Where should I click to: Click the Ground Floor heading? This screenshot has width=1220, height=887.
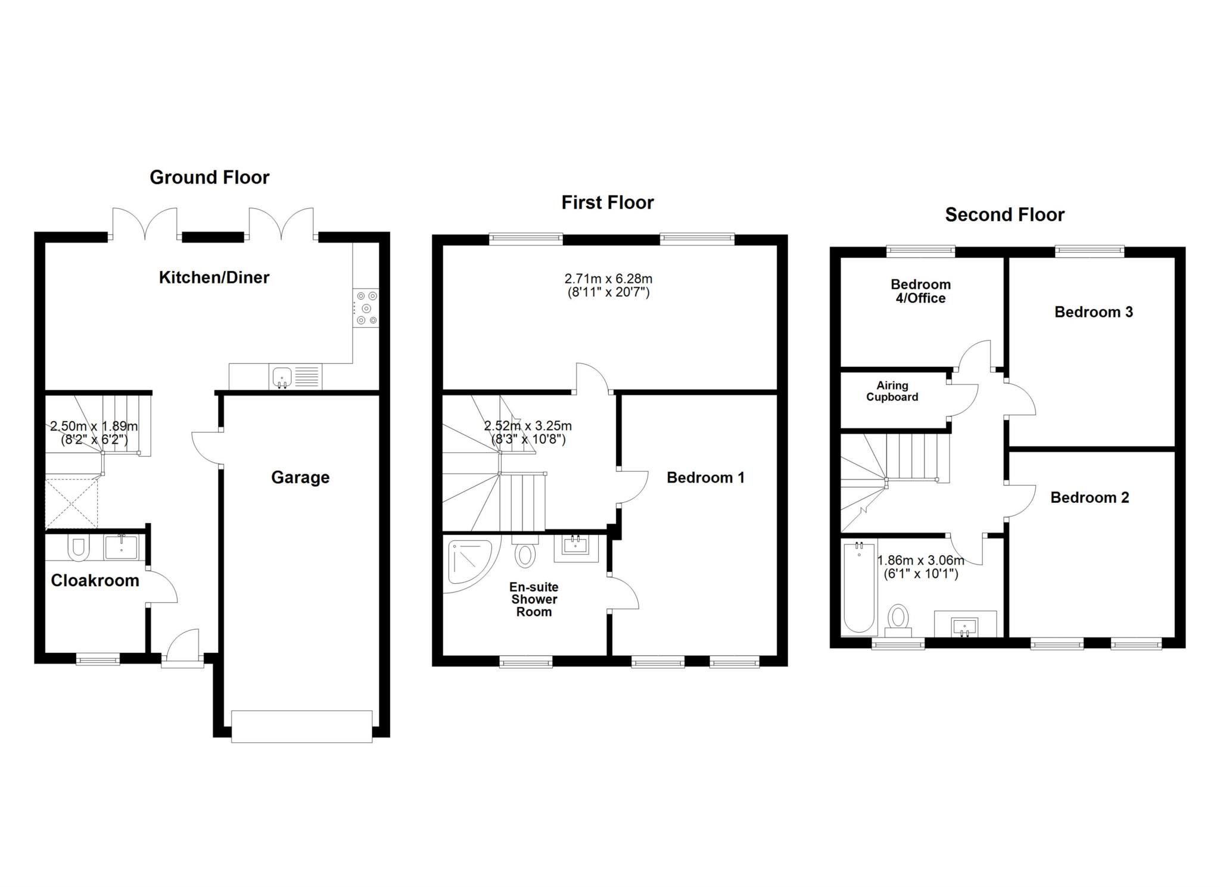pos(209,177)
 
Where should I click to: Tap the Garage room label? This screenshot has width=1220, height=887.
pos(300,477)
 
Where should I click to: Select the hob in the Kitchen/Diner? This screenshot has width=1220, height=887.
pos(366,308)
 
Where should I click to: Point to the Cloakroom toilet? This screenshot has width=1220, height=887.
pos(78,549)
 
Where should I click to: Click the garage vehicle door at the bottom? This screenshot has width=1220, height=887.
pos(301,726)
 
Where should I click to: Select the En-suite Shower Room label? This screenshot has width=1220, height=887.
pos(534,599)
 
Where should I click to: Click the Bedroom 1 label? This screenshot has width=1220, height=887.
pos(705,477)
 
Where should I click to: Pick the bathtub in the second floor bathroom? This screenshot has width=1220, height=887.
pos(859,589)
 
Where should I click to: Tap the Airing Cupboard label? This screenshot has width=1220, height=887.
pos(892,391)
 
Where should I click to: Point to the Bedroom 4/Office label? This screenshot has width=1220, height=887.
pos(920,291)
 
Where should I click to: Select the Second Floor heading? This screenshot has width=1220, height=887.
pos(1004,214)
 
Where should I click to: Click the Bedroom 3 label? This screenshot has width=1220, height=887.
pos(1093,312)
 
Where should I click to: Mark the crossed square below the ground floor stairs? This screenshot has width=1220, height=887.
pos(71,503)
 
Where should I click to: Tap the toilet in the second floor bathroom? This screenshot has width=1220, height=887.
pos(898,618)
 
